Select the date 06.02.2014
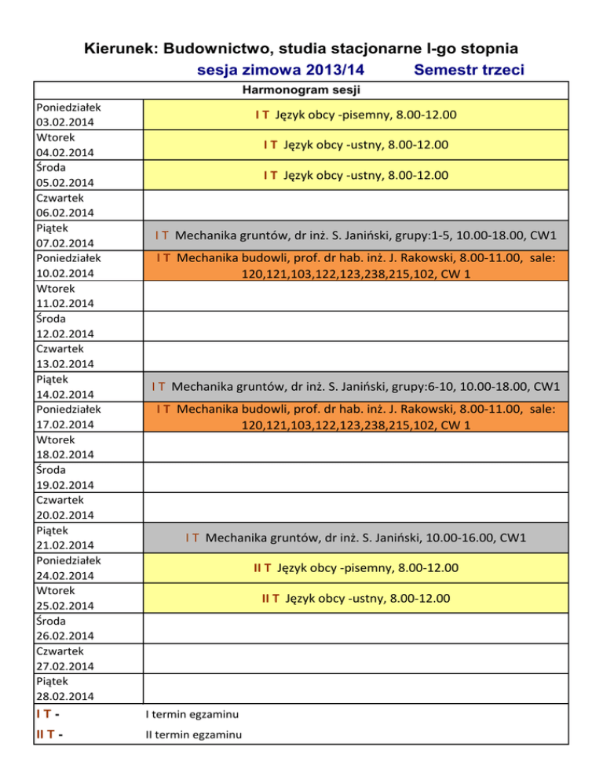[64, 213]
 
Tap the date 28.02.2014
[64, 696]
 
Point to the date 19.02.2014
[64, 484]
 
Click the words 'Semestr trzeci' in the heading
[469, 71]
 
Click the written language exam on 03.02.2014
[355, 115]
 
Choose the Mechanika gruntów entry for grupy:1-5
[355, 235]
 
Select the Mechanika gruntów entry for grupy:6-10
[355, 386]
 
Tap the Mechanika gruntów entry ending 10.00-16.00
[355, 538]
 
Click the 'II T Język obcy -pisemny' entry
[355, 567]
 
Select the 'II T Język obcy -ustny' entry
[355, 599]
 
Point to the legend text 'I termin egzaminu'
[192, 714]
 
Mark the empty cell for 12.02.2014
[355, 326]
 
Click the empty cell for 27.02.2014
[355, 658]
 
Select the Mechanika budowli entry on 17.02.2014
[355, 417]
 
